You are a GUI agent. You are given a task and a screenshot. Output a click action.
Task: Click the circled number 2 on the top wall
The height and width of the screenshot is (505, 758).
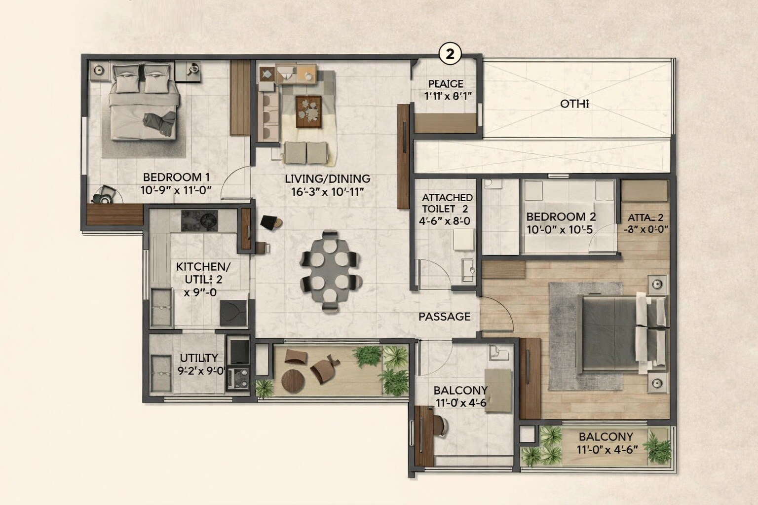pos(450,54)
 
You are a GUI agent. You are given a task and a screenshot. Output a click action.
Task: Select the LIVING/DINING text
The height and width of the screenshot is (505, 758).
pos(327,179)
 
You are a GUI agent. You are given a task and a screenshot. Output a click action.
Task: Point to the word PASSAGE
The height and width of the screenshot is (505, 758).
pos(444,317)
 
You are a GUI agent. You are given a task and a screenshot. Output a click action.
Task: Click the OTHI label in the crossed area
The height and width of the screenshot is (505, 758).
pos(575,105)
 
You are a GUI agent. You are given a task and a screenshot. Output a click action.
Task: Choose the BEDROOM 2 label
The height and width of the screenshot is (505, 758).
pos(561,216)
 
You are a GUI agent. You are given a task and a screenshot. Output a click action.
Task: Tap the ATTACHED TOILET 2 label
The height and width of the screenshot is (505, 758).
pos(447,203)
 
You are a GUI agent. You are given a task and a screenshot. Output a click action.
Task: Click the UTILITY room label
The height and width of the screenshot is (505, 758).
pos(198,358)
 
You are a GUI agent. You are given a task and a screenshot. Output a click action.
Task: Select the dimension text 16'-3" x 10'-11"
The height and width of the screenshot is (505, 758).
pos(327,192)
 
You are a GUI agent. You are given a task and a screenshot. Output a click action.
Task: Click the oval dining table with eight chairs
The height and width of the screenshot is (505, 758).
pos(329,271)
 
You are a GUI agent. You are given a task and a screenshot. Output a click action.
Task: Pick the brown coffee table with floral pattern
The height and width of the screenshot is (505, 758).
pos(309,111)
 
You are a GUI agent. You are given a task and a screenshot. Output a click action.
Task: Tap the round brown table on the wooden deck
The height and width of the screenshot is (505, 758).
pos(294,379)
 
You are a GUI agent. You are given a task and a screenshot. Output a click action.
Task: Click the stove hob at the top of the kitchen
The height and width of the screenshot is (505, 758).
pos(199,220)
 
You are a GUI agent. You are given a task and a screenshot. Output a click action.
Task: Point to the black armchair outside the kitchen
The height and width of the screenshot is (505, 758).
pos(270,223)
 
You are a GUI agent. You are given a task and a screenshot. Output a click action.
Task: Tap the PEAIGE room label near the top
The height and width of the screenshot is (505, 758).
pos(446,84)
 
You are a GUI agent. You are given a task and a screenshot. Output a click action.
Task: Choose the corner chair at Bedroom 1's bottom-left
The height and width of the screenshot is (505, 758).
pos(105,195)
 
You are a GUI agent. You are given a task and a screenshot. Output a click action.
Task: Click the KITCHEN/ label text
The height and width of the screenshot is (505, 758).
pos(203,267)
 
